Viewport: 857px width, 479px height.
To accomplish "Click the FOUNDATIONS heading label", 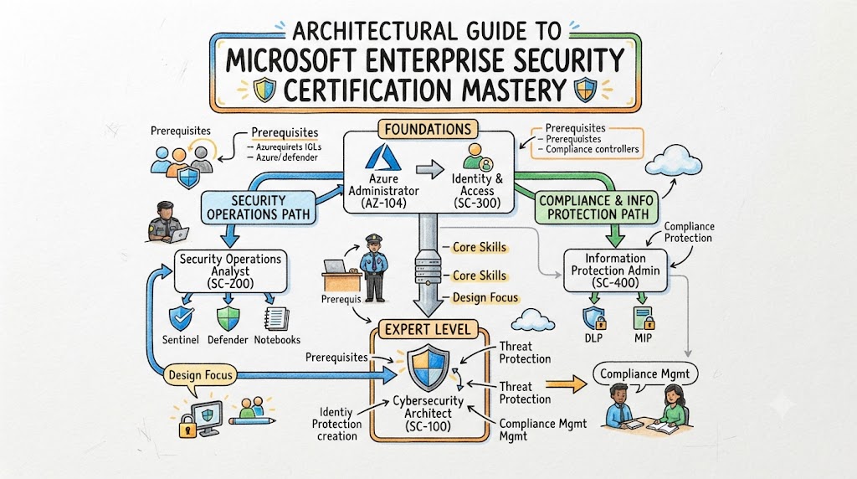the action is tap(428, 130).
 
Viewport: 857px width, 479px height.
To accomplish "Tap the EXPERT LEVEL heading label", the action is tap(428, 329).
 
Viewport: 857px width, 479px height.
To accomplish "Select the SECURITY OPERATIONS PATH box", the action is tap(259, 207).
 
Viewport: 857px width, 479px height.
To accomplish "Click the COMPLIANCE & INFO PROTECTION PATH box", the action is tap(598, 208).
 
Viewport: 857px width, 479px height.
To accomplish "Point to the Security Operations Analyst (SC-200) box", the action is tap(231, 271).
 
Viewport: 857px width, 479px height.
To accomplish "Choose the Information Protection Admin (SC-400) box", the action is tap(615, 270).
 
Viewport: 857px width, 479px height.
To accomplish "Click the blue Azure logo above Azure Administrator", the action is tap(383, 157).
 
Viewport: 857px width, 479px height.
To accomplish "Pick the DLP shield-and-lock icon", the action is tap(594, 317).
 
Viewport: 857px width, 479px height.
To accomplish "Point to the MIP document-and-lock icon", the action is tap(644, 317).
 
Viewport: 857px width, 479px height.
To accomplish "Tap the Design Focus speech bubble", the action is tap(200, 377).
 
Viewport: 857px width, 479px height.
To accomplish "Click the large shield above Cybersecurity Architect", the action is tap(428, 367).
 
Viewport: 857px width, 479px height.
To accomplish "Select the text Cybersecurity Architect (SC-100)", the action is tap(428, 414).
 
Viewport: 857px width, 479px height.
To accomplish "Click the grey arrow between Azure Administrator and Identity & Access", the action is tap(430, 170).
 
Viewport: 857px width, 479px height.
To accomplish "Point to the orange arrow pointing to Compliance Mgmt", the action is tap(567, 384).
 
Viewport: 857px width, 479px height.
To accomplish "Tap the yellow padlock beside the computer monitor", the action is tap(188, 425).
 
